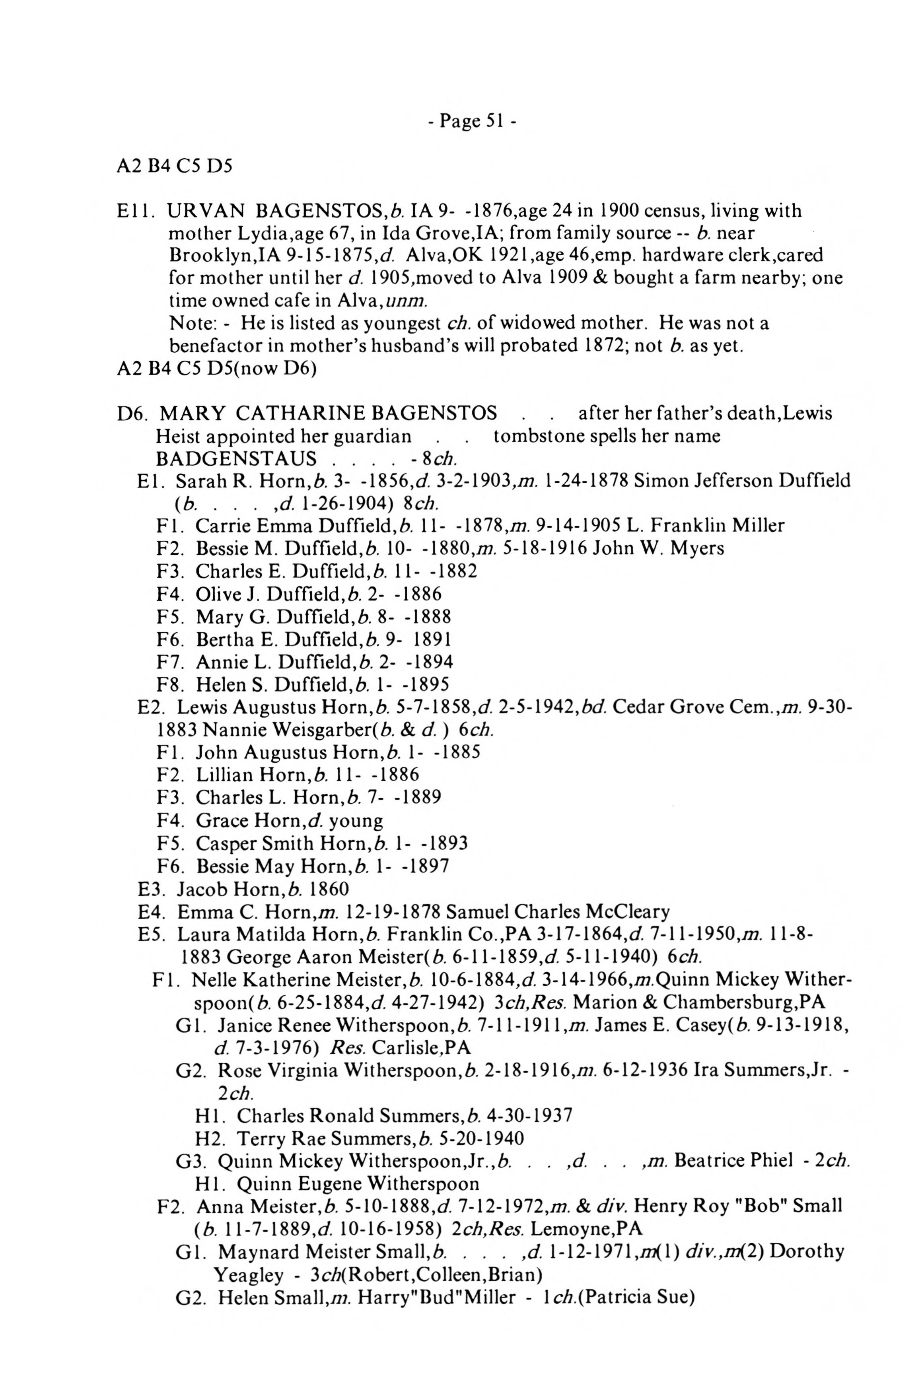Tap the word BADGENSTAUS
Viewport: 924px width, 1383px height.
click(236, 458)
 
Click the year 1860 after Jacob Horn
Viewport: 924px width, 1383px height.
click(329, 889)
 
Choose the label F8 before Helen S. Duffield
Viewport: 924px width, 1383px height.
click(167, 684)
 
